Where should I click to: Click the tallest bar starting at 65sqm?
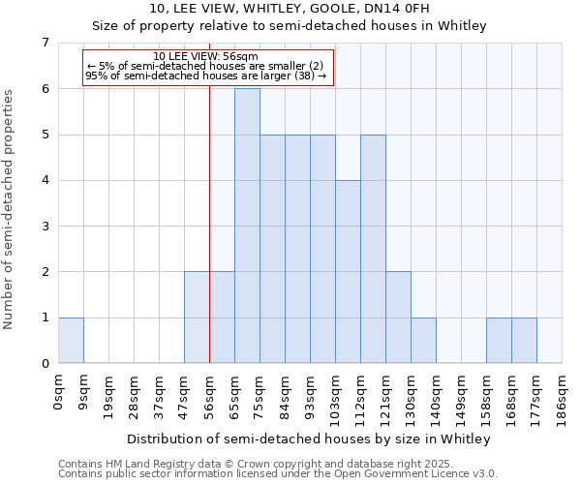(x=247, y=226)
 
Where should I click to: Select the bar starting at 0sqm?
(x=71, y=340)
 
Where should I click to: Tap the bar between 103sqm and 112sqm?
(x=348, y=271)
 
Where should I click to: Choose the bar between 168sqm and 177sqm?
(x=524, y=340)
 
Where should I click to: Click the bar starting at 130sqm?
(x=423, y=340)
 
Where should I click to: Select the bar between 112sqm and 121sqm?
(x=373, y=249)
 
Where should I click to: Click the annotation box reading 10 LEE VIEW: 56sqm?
(x=207, y=67)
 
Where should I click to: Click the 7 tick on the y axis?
(x=45, y=43)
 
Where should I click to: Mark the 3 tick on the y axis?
(x=45, y=227)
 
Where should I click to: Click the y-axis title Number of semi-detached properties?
(x=10, y=209)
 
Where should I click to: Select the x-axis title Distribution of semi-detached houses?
(x=309, y=439)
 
